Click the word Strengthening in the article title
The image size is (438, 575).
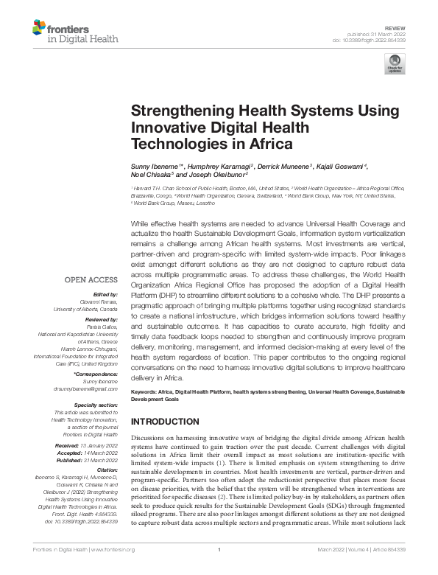pyautogui.click(x=174, y=111)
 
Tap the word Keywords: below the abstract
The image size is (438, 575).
pyautogui.click(x=146, y=392)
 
